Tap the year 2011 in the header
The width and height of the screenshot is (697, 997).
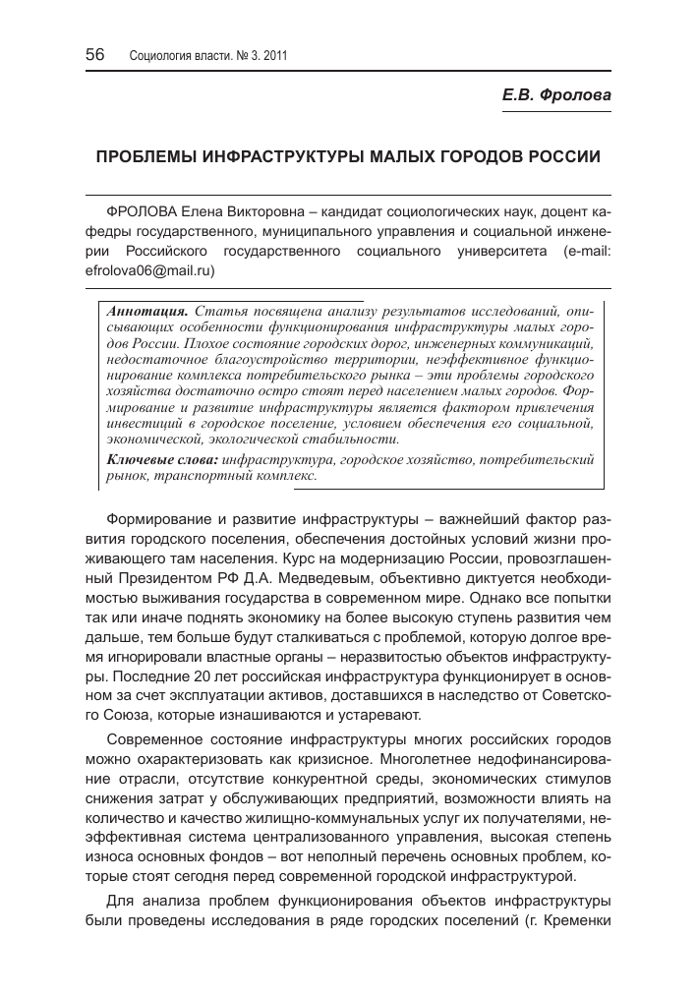[273, 56]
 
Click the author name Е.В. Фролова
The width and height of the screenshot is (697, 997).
[555, 95]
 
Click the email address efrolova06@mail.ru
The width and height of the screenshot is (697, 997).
[148, 268]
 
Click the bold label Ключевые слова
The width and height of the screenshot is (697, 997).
[162, 459]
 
